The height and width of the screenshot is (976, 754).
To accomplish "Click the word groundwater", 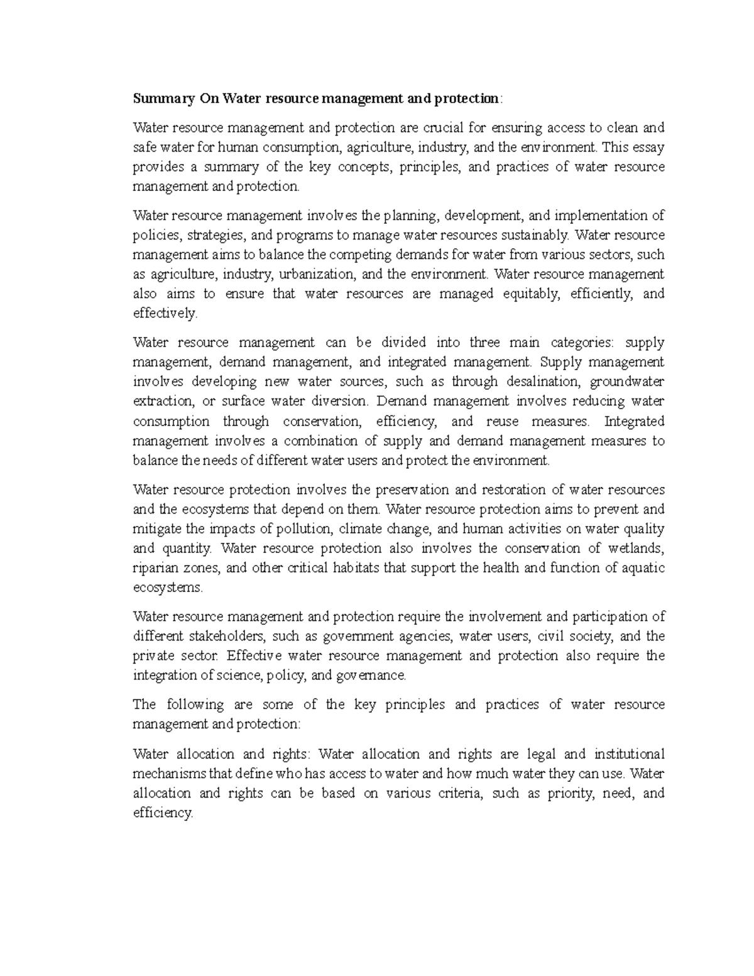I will [x=626, y=381].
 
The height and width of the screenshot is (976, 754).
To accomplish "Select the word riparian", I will [x=155, y=568].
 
